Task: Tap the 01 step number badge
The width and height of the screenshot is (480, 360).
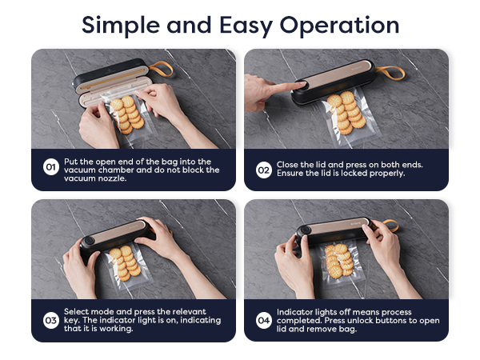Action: [50, 169]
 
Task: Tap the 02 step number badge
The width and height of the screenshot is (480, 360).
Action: [263, 169]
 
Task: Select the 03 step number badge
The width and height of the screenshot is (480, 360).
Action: [50, 320]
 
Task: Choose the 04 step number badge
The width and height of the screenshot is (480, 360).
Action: [263, 320]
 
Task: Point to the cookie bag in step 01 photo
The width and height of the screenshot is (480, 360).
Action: [127, 117]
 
